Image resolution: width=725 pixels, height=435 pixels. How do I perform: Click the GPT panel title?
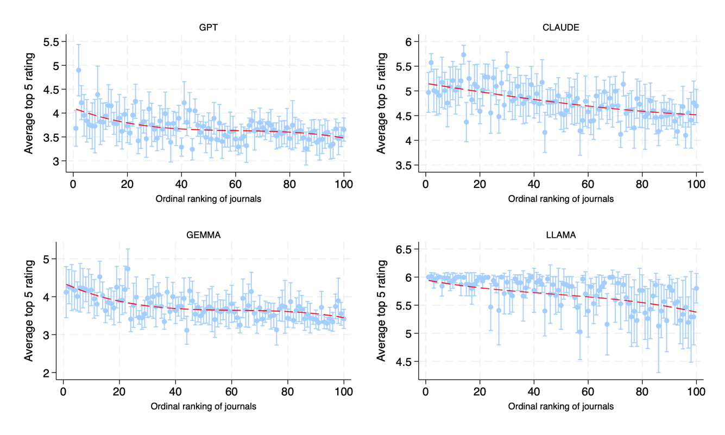coord(209,28)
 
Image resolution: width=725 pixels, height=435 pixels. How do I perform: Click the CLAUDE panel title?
coord(561,28)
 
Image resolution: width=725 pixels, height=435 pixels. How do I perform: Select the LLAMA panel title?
coord(561,235)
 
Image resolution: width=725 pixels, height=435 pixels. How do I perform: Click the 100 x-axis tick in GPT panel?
coord(344,185)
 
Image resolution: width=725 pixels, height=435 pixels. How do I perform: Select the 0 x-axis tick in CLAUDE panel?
coord(425,185)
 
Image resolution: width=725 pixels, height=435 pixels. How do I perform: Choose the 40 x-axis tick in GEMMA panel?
coord(175,392)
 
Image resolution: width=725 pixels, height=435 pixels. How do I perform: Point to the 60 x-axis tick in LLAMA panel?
coord(588,392)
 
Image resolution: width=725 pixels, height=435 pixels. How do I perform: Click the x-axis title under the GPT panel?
coord(209,199)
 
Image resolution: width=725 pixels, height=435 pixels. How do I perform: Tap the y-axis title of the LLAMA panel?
coord(382,311)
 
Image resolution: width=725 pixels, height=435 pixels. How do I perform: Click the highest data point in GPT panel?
coord(78,70)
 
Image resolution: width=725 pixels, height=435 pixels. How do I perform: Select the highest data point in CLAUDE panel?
coord(463,55)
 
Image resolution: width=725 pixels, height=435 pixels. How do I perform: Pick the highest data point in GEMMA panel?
coord(128,268)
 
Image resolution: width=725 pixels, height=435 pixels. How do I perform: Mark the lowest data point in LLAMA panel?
coord(659,326)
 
